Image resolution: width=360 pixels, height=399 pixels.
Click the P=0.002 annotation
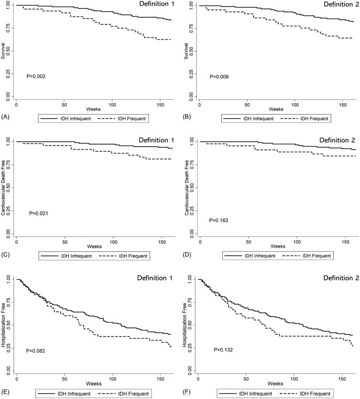[x=36, y=77]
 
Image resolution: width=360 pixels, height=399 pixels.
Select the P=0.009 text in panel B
[x=219, y=77]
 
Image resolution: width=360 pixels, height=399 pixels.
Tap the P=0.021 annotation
[x=39, y=213]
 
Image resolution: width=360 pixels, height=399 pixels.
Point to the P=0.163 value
[x=219, y=221]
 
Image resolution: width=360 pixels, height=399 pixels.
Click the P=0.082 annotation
[x=35, y=351]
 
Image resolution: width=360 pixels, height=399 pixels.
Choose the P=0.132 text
[x=223, y=350]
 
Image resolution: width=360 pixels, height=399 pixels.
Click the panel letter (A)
[x=5, y=117]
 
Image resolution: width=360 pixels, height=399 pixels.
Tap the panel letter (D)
[x=187, y=255]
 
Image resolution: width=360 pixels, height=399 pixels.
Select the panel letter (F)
[x=187, y=392]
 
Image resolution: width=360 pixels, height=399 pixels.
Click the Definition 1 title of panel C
[x=156, y=140]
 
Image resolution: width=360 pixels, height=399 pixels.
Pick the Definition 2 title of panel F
[x=341, y=278]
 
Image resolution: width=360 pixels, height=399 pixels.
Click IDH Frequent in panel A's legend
[x=132, y=119]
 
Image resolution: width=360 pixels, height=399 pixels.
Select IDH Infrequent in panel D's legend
[x=260, y=256]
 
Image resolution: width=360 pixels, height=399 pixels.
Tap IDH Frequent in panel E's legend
[x=133, y=394]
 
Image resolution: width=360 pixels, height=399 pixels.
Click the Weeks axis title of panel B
[x=276, y=109]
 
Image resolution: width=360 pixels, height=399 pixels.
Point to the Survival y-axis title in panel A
[x=3, y=51]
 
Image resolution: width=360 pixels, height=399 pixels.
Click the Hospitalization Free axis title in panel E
[x=3, y=325]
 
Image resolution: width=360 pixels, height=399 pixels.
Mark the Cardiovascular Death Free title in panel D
[x=187, y=187]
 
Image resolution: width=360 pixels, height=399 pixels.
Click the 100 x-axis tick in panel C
[x=113, y=242]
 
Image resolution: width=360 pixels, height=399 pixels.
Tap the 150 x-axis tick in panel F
[x=342, y=379]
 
